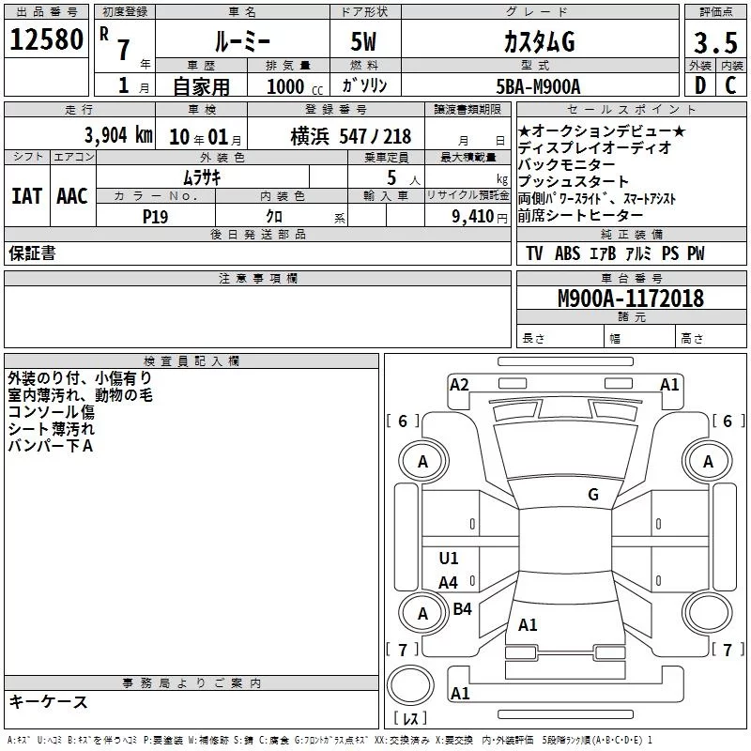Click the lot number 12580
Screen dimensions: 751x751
(46, 39)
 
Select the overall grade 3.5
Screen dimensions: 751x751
(715, 42)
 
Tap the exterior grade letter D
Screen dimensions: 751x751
(699, 85)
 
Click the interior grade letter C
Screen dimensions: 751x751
(730, 85)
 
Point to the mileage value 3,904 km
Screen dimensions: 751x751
(119, 135)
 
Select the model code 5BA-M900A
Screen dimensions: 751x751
(538, 86)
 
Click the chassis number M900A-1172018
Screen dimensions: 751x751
(631, 298)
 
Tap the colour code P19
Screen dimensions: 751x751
(155, 217)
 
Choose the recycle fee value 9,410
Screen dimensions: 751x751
(473, 217)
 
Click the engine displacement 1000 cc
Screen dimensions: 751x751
(295, 86)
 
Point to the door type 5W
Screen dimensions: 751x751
(363, 41)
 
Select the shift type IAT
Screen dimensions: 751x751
(27, 196)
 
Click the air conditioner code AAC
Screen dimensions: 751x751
(72, 196)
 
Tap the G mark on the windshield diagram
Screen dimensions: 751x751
(593, 495)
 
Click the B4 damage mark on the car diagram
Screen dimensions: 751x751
(462, 608)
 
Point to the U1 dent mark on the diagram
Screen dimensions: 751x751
(449, 558)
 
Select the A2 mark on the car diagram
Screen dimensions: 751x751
(459, 385)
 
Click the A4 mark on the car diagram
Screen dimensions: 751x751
(449, 583)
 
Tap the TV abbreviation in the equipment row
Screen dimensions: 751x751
(534, 253)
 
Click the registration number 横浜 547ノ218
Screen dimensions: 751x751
(351, 136)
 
